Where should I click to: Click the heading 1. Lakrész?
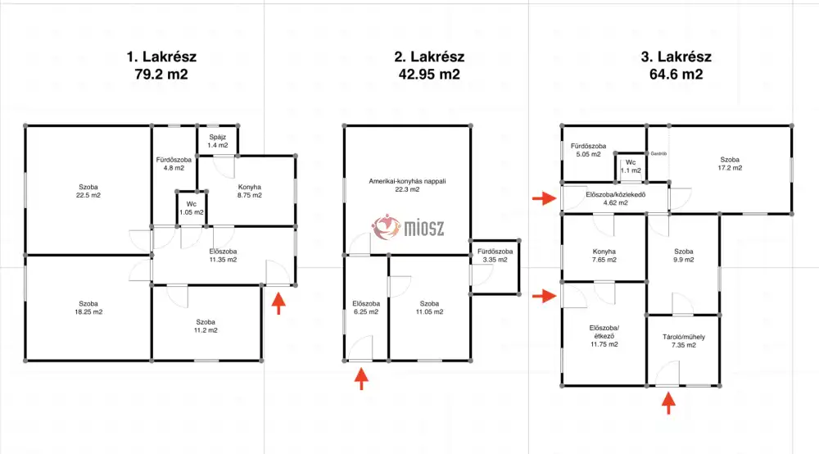click(161, 57)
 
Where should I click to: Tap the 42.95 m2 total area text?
click(429, 75)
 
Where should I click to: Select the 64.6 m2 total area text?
click(676, 75)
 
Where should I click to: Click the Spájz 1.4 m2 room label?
click(217, 141)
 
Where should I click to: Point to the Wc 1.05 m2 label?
click(192, 208)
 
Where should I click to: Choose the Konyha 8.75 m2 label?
click(250, 191)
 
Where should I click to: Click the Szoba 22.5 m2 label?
click(88, 191)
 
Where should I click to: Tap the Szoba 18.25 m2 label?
click(88, 307)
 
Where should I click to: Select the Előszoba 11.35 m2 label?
click(223, 255)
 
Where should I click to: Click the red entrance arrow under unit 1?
click(278, 303)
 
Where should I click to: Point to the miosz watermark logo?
click(408, 228)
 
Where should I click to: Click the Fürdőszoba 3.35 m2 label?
click(495, 255)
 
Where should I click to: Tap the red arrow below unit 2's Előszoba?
click(361, 379)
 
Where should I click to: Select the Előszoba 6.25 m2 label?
click(366, 307)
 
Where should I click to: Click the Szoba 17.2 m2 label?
click(730, 164)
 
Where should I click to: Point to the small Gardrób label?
click(658, 153)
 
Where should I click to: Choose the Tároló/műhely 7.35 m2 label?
click(684, 341)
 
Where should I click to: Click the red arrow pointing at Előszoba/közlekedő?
click(545, 198)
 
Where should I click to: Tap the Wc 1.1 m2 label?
click(631, 166)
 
